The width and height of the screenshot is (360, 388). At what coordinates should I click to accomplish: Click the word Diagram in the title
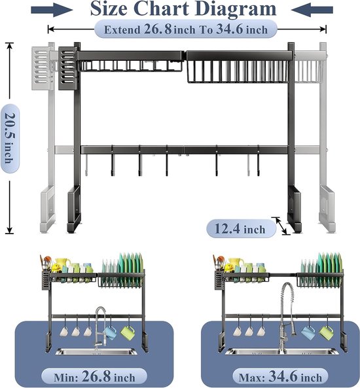click(235, 9)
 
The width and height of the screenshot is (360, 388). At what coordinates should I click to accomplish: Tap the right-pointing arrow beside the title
click(52, 10)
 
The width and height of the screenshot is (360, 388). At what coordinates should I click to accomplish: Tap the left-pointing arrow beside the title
click(312, 10)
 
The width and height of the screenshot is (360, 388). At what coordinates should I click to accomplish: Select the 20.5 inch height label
click(10, 138)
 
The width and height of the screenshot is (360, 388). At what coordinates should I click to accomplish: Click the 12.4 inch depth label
click(241, 228)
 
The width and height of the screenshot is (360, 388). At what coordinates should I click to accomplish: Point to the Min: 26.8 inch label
click(94, 377)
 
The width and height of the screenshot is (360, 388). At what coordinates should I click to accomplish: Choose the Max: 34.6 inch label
click(280, 377)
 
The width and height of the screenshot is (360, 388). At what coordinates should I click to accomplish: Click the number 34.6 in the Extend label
click(230, 29)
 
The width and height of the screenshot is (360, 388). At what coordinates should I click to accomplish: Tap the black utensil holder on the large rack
click(67, 69)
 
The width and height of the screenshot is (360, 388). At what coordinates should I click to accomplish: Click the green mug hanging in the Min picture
click(128, 332)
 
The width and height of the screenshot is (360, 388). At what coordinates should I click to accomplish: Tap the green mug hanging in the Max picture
click(326, 332)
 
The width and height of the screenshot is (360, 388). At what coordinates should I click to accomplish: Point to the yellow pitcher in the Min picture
click(62, 264)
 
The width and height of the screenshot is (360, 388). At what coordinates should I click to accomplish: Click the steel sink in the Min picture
click(96, 351)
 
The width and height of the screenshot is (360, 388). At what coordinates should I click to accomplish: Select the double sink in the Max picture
click(281, 351)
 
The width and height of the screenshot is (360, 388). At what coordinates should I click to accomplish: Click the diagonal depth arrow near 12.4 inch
click(281, 226)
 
